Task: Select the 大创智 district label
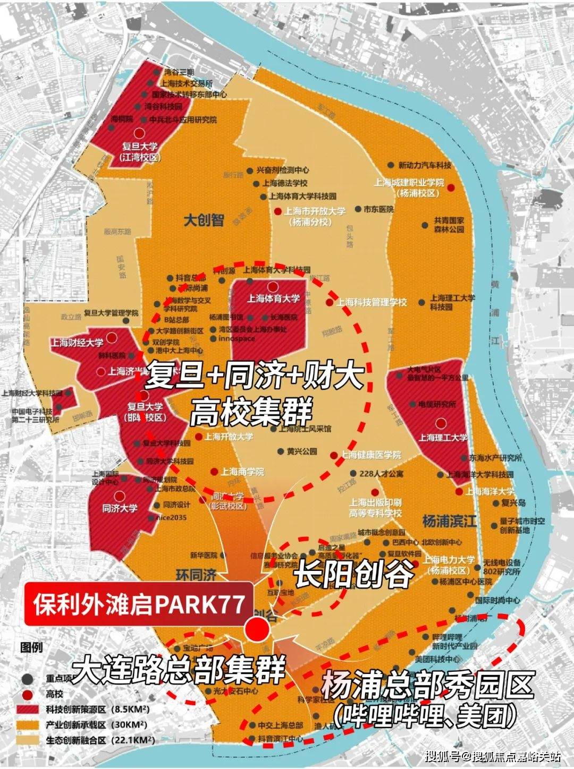click(x=204, y=220)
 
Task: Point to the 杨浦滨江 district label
click(x=449, y=521)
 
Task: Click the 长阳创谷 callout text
click(x=353, y=574)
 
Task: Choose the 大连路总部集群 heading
click(x=179, y=670)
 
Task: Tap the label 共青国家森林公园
click(x=449, y=225)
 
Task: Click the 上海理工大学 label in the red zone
click(x=443, y=438)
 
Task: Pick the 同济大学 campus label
click(x=120, y=508)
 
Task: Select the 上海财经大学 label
click(x=77, y=343)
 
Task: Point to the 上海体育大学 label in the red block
click(x=273, y=299)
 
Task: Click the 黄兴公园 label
click(x=301, y=451)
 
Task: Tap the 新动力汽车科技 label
click(x=425, y=165)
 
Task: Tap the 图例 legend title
click(x=31, y=648)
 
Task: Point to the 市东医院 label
click(x=378, y=209)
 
